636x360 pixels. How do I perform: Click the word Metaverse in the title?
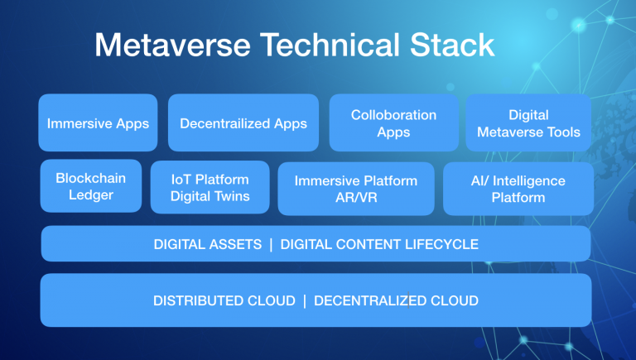point(173,45)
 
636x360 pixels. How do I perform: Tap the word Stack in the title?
point(452,45)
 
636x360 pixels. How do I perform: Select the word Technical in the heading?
point(330,45)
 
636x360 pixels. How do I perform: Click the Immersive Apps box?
point(98,122)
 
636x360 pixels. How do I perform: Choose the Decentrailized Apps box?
point(243,122)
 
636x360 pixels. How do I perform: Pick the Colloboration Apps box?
point(394,122)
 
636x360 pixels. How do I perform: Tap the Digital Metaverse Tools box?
point(528,122)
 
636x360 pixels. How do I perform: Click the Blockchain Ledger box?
point(91,186)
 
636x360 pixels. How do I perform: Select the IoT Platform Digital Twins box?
point(210,187)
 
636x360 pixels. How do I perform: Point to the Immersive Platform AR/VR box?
point(356,189)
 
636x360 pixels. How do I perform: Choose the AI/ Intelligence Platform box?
point(518,189)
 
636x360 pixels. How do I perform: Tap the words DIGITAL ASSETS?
point(208,244)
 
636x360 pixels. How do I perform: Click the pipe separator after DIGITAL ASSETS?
point(271,245)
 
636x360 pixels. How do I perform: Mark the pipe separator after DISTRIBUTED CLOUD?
point(305,301)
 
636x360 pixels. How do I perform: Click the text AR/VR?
point(356,198)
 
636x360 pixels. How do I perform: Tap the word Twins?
point(233,196)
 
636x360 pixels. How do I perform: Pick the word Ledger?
point(91,195)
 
